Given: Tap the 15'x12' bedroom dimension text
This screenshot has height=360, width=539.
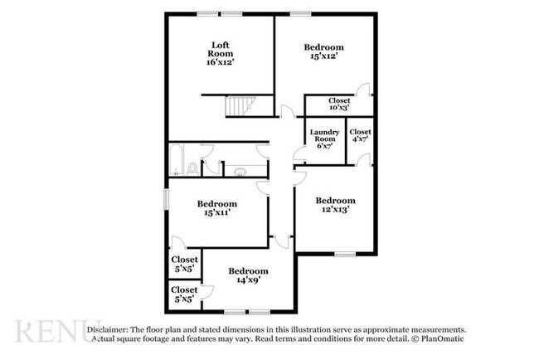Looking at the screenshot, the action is tap(323, 56).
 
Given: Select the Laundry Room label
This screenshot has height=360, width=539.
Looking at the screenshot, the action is tap(324, 135).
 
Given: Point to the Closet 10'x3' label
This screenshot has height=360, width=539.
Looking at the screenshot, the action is tap(339, 104).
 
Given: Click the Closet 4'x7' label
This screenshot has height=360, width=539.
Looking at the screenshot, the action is tap(360, 135).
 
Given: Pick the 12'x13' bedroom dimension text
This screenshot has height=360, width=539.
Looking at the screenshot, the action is tap(336, 209).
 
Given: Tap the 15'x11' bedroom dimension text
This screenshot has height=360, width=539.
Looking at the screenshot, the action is tap(217, 212).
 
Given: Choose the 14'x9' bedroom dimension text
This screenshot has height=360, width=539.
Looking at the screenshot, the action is tap(248, 280).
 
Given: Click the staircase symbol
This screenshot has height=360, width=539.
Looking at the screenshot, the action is tap(240, 107).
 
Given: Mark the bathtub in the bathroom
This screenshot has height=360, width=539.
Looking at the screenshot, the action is tap(177, 160).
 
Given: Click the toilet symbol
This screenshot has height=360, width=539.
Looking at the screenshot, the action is tap(192, 169).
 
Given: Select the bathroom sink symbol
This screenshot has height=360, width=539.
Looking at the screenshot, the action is tap(240, 171).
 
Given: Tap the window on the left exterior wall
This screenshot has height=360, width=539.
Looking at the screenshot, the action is tap(166, 199).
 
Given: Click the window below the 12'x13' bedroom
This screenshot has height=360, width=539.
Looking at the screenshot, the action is tap(346, 255).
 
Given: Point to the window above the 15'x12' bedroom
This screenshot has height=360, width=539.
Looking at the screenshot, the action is tap(300, 14).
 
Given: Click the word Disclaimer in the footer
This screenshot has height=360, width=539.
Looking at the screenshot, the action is tap(108, 330).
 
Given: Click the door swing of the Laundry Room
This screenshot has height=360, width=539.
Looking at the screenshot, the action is tap(299, 153).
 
